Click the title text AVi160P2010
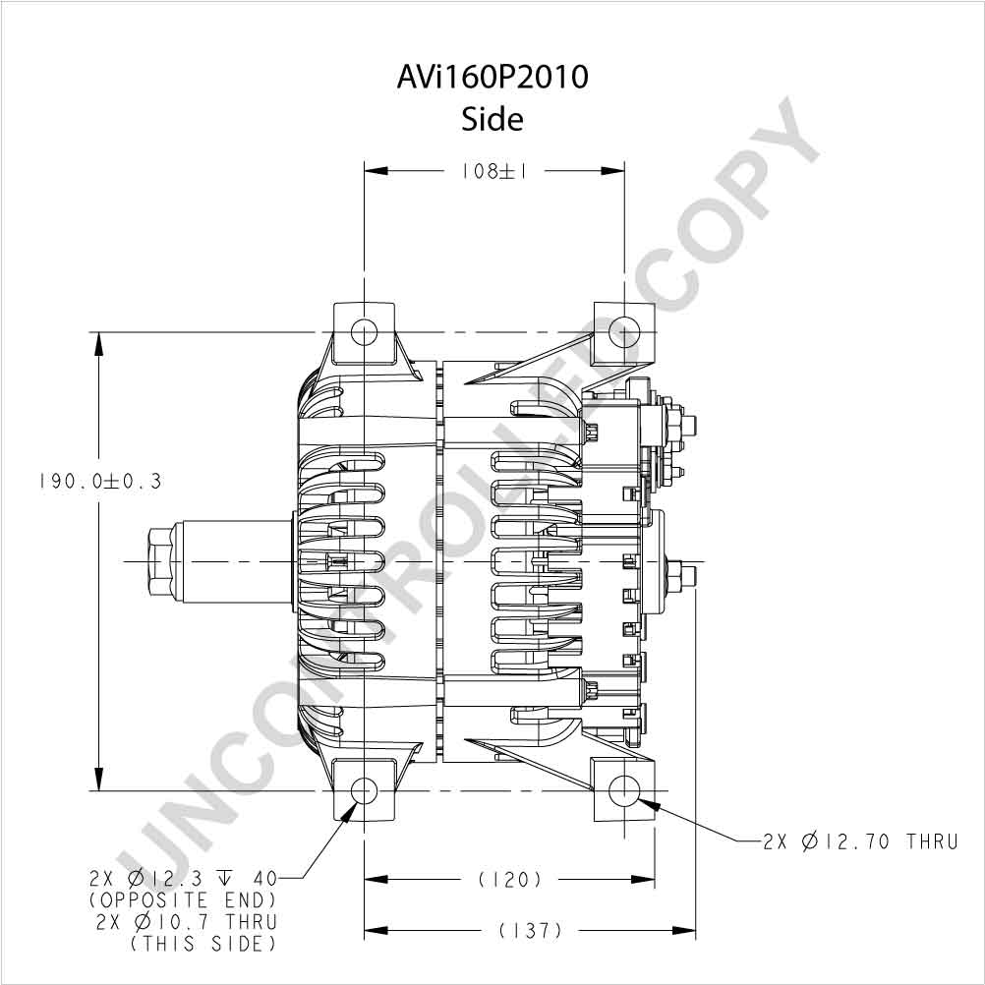(x=492, y=78)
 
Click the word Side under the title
(x=492, y=119)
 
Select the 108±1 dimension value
(x=494, y=171)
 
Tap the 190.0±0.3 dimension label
(x=100, y=482)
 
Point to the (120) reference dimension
(x=509, y=880)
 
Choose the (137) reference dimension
(x=531, y=930)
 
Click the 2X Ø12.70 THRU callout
(x=860, y=841)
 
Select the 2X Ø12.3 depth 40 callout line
(x=183, y=878)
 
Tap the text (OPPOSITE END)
(x=182, y=900)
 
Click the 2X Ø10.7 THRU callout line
(x=187, y=922)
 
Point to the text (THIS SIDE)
(x=203, y=944)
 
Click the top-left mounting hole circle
(x=364, y=331)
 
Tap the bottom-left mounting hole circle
(x=364, y=790)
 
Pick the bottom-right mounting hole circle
(x=624, y=790)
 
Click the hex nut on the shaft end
(x=161, y=561)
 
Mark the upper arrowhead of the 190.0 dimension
(x=98, y=344)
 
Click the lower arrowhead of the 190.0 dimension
(x=98, y=779)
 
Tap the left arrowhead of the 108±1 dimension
(x=377, y=170)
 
